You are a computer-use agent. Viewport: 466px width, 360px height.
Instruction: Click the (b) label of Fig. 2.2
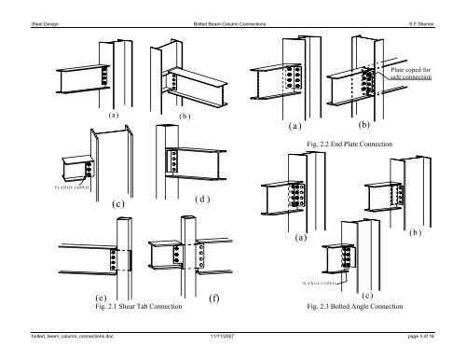pyautogui.click(x=363, y=123)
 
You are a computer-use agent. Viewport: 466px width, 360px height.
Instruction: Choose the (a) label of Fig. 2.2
pyautogui.click(x=297, y=125)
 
